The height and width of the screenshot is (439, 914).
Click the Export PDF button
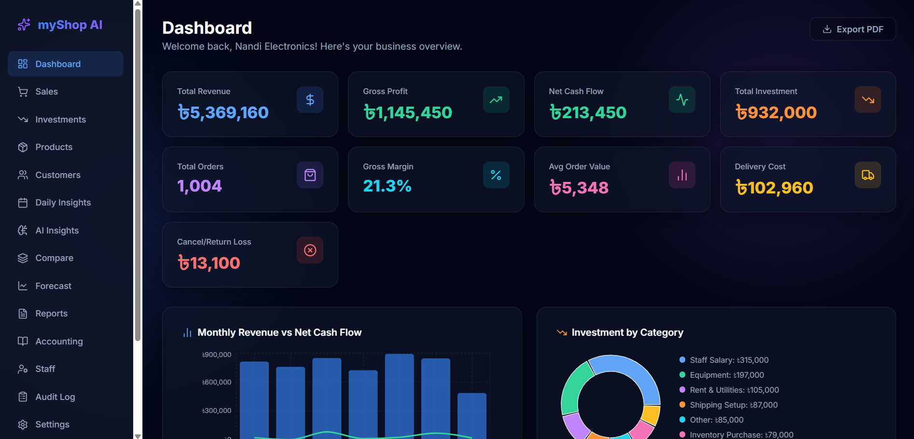[x=853, y=29]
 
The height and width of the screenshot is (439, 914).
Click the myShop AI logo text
[x=70, y=25]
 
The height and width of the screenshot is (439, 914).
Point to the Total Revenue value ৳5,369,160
[x=223, y=112]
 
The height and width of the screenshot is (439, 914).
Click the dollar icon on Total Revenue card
[x=310, y=100]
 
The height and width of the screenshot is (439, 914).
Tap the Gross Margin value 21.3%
[x=387, y=186]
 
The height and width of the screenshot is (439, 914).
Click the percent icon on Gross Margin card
[x=496, y=175]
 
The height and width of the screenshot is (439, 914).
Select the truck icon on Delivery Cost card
[x=868, y=175]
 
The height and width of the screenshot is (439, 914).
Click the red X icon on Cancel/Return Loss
[x=310, y=250]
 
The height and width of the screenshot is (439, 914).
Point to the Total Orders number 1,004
[x=199, y=186]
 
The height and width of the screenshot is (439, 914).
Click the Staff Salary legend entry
[x=724, y=360]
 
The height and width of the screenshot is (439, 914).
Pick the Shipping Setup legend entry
[x=728, y=405]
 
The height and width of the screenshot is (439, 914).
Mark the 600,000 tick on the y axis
[x=217, y=382]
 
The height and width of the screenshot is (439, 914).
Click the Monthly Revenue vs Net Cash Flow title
[x=279, y=332]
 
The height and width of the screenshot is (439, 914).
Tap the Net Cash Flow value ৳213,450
[x=588, y=112]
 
